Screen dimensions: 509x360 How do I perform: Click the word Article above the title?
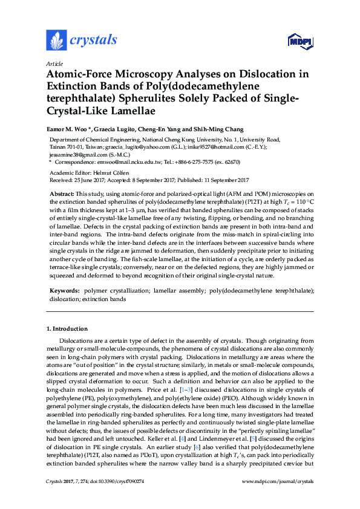pyautogui.click(x=54, y=63)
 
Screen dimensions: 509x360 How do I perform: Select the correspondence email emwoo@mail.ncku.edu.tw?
pyautogui.click(x=119, y=162)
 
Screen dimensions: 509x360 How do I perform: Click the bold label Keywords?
pyautogui.click(x=64, y=291)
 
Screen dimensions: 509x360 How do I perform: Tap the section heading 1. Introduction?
pyautogui.click(x=67, y=329)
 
